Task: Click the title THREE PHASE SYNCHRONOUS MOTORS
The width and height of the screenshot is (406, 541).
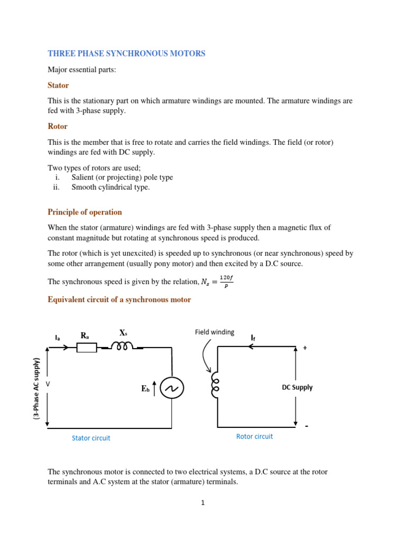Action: (x=126, y=53)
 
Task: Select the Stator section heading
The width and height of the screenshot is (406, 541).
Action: (x=58, y=85)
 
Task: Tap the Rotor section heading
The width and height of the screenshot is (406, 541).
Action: (x=58, y=126)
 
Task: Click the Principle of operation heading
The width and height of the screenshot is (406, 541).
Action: (x=85, y=212)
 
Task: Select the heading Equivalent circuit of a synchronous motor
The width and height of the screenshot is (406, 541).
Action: (x=119, y=300)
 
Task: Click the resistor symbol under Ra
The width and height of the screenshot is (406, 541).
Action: (x=87, y=348)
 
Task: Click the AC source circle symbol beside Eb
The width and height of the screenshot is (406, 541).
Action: (x=172, y=388)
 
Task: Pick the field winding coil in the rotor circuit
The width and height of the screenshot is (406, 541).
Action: (x=215, y=385)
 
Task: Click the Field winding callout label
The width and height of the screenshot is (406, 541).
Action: (x=214, y=332)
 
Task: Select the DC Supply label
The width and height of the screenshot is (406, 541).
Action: (x=297, y=387)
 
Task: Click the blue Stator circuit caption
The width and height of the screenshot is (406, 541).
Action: (x=91, y=438)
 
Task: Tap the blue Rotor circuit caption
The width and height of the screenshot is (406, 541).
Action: (x=254, y=436)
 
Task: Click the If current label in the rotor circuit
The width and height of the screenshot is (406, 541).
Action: (x=253, y=337)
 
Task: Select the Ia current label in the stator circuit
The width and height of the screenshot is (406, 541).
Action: (x=57, y=337)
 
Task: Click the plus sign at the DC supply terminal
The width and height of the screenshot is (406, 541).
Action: (x=304, y=348)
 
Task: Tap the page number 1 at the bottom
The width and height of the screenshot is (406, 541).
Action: (x=202, y=503)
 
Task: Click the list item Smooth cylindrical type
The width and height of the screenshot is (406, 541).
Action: (x=110, y=187)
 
